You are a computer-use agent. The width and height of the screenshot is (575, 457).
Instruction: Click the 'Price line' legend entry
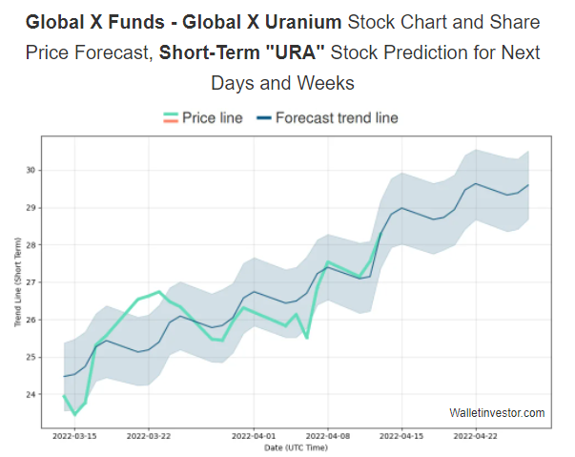(212, 118)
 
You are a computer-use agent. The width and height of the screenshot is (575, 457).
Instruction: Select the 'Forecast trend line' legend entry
(337, 118)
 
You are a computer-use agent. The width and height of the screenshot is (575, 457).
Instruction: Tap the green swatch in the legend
(171, 118)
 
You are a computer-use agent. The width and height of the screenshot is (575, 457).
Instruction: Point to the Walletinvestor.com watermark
(497, 413)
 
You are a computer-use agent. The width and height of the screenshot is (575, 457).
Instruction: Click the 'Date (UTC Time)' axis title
(298, 447)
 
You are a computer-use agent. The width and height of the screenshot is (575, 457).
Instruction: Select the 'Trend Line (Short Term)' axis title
(17, 283)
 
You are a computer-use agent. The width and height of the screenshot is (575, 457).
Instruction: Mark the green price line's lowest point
(75, 414)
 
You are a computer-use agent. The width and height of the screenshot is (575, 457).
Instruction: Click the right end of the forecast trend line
(528, 185)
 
